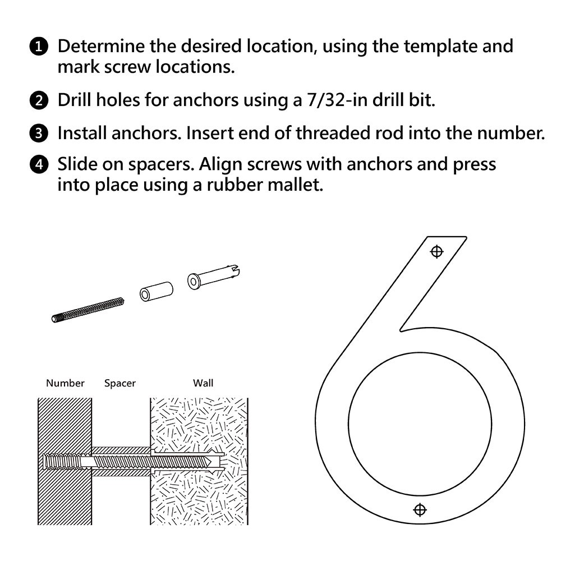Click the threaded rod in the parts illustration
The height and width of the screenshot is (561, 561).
point(88,310)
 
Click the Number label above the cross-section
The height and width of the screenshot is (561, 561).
point(65,383)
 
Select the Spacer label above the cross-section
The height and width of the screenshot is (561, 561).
point(120,383)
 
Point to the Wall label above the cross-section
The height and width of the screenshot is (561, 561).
point(203,383)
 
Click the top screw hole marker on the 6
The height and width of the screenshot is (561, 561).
point(436,251)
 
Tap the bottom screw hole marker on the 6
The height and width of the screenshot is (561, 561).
point(419,509)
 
